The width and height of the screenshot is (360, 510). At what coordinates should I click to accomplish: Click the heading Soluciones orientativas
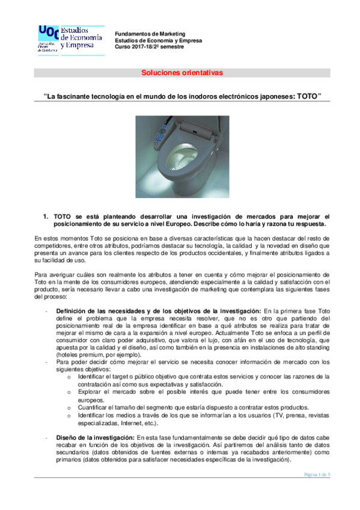tap(182, 73)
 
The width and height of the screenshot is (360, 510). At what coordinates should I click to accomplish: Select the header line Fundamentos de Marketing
tap(150, 34)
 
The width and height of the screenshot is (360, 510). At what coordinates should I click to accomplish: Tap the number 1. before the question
tap(44, 217)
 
